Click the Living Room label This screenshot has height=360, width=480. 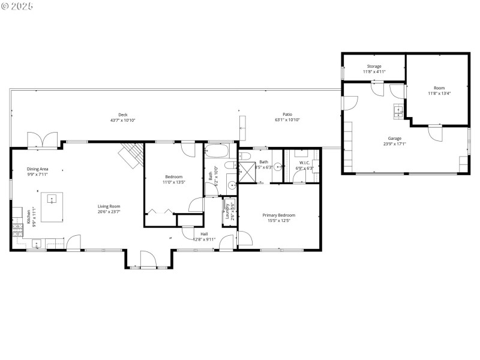(x=109, y=206)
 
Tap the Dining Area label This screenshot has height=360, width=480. (x=37, y=169)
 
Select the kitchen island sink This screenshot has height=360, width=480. (x=52, y=198)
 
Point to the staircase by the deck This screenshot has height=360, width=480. (x=131, y=154)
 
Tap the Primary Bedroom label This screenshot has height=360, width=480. (x=278, y=215)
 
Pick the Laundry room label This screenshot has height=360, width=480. (x=227, y=211)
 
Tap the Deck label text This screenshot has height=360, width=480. (x=122, y=115)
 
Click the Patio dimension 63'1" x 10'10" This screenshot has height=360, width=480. (x=287, y=120)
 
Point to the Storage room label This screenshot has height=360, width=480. (x=374, y=67)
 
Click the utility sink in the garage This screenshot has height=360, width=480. (x=397, y=111)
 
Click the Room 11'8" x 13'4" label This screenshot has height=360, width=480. (x=439, y=91)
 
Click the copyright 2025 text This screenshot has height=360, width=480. (x=17, y=5)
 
